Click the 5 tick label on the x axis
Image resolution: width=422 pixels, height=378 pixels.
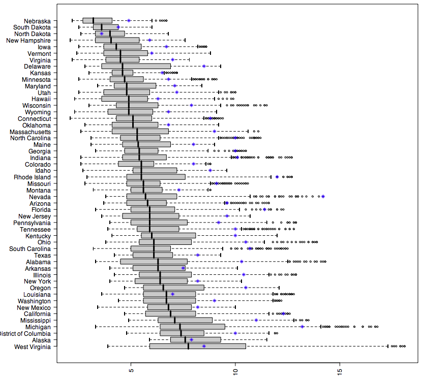[x=131, y=370]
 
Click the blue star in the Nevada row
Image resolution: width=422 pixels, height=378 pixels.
[x=323, y=196]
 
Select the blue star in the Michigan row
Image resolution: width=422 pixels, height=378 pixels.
[x=302, y=327]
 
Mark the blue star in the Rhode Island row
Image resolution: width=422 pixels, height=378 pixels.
[x=277, y=177]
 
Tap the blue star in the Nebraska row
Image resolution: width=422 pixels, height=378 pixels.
[x=129, y=21]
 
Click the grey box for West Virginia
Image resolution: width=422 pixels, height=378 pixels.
[x=198, y=346]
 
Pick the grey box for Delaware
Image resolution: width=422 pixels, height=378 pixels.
[x=136, y=66]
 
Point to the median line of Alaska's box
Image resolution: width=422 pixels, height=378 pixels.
[x=185, y=340]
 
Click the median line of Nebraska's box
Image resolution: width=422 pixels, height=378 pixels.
[x=93, y=21]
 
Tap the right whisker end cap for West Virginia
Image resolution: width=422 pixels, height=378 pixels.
[x=387, y=346]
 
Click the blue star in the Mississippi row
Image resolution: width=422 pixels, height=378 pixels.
[x=256, y=320]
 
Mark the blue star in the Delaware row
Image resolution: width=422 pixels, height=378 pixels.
[x=204, y=66]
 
